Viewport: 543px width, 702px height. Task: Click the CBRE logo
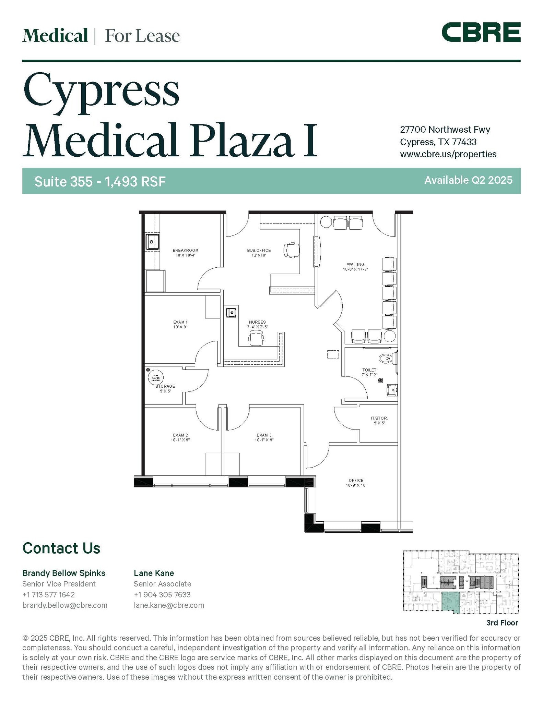tap(481, 32)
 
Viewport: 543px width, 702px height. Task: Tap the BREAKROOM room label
tap(185, 253)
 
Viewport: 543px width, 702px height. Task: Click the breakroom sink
tap(152, 242)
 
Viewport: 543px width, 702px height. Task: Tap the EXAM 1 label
tap(180, 325)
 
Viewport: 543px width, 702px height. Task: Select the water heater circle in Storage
tap(155, 378)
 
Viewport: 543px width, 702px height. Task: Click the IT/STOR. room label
tap(379, 421)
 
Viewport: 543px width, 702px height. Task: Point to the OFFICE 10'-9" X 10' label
tap(356, 483)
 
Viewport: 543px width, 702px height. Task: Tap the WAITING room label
tap(355, 267)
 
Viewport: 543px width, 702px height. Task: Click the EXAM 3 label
tap(264, 437)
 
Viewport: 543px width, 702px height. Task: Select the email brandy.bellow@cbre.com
tap(65, 605)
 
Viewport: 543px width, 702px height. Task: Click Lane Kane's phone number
tap(162, 594)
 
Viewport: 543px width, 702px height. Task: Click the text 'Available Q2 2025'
tap(468, 180)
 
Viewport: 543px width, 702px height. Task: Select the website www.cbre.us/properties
tap(448, 154)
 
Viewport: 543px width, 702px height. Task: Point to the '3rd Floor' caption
tap(502, 622)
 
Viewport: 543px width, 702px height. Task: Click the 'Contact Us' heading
tap(61, 548)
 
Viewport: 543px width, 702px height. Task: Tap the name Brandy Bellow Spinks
tap(64, 573)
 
